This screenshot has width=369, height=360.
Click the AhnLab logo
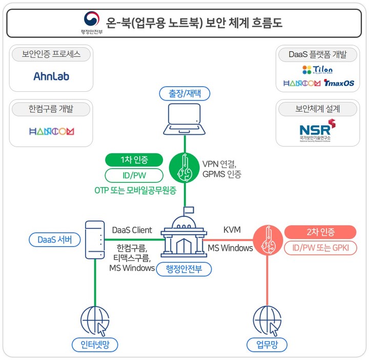[x=51, y=76]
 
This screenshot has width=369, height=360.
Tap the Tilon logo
[x=317, y=69]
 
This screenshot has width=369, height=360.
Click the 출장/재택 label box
[x=184, y=94]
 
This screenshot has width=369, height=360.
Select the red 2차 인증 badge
[x=320, y=232]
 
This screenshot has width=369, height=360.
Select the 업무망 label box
[x=266, y=344]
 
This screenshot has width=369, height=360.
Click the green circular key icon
[x=184, y=167]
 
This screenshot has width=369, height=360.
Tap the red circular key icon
[x=267, y=239]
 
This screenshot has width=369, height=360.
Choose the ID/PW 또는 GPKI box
[x=320, y=249]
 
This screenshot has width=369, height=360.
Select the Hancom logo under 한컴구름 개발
[x=51, y=131]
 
